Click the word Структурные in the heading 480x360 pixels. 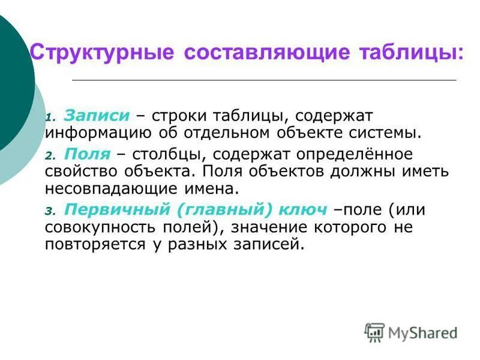click(x=101, y=52)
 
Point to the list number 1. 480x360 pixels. click(x=50, y=117)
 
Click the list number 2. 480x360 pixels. click(x=50, y=155)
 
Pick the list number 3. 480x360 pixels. click(x=50, y=211)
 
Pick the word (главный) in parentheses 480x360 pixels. click(x=222, y=210)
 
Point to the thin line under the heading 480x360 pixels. click(x=264, y=80)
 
